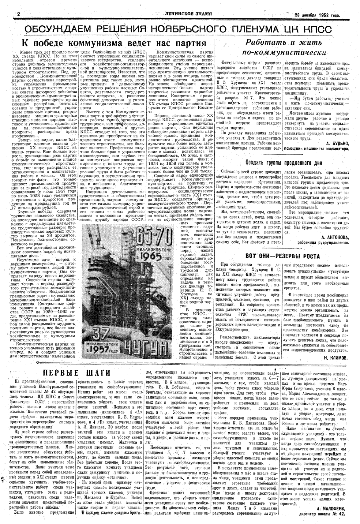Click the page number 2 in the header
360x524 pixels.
pyautogui.click(x=10, y=14)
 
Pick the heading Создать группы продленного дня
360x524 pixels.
pyautogui.click(x=284, y=163)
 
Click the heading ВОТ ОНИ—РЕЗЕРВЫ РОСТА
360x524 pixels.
pyautogui.click(x=283, y=256)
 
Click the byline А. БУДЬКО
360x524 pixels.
pyautogui.click(x=338, y=143)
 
